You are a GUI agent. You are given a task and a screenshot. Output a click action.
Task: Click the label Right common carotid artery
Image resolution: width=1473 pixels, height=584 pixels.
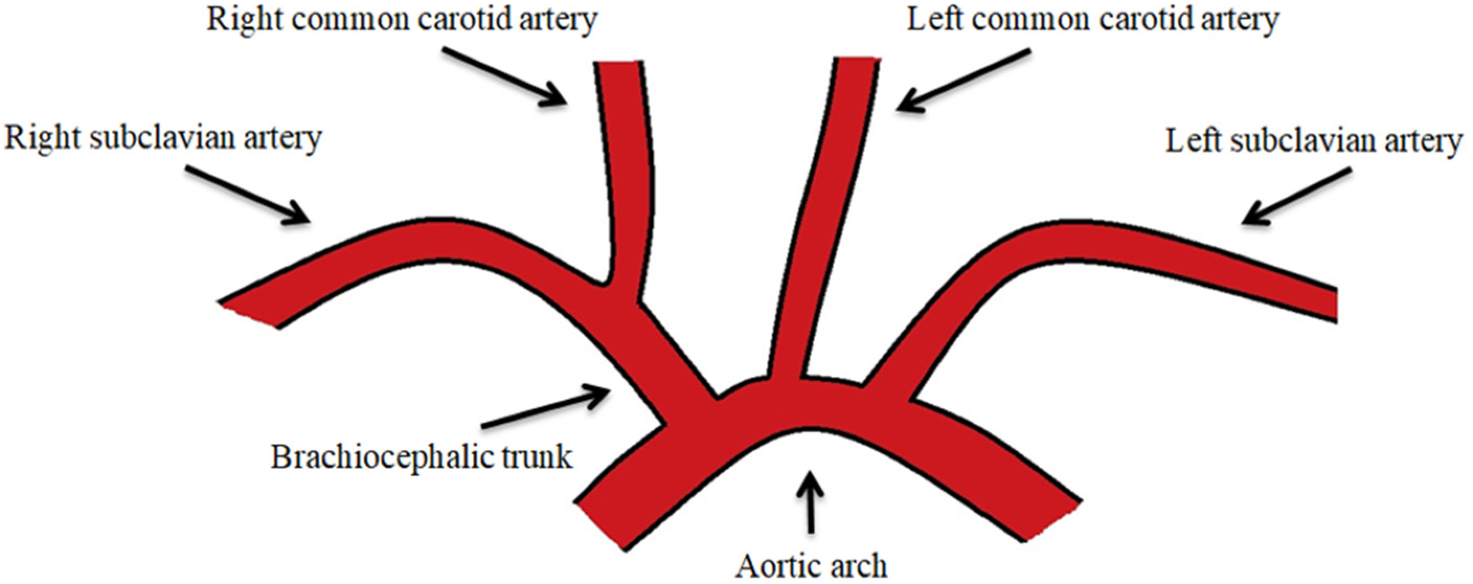(x=401, y=20)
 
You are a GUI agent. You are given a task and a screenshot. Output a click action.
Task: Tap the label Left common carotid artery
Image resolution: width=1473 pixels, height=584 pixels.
(x=1093, y=20)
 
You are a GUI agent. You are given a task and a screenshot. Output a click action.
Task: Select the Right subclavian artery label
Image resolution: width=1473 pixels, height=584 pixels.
(x=164, y=139)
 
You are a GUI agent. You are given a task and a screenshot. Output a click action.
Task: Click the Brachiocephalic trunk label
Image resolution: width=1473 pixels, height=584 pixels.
(x=422, y=457)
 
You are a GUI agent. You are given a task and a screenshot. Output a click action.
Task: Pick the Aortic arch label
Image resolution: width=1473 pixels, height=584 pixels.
(x=811, y=566)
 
